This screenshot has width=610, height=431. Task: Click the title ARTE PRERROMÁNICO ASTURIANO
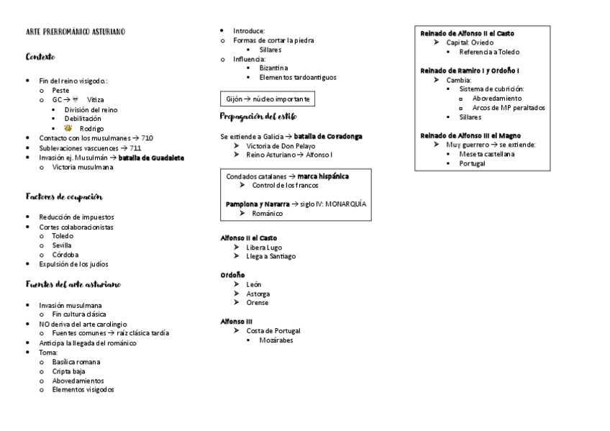click(x=75, y=32)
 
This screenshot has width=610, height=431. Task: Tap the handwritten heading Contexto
click(x=40, y=56)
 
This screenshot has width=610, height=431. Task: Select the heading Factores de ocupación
click(x=63, y=196)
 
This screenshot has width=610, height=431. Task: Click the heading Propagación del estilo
click(x=257, y=116)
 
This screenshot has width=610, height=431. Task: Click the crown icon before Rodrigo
click(x=68, y=128)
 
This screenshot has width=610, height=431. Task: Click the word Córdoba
click(x=65, y=255)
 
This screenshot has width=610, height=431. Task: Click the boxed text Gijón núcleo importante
click(x=267, y=99)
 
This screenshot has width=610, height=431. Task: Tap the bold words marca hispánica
click(x=324, y=176)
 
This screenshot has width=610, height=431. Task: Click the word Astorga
click(x=258, y=294)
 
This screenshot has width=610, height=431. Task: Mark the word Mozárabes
click(x=276, y=340)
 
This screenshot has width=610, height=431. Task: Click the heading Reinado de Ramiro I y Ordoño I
click(x=470, y=71)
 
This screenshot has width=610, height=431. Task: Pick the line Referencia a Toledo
click(x=489, y=52)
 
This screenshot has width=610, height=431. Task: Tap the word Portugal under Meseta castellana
click(x=472, y=163)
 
